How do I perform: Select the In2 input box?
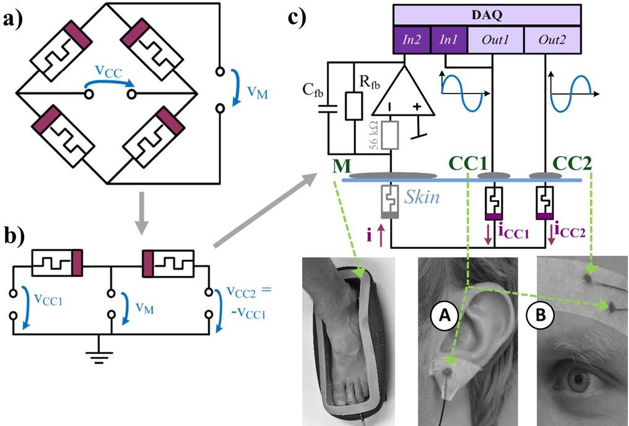click(412, 40)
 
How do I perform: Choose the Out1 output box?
click(495, 40)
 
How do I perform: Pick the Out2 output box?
click(553, 40)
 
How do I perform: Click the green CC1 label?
click(468, 165)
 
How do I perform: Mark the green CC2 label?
click(572, 165)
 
